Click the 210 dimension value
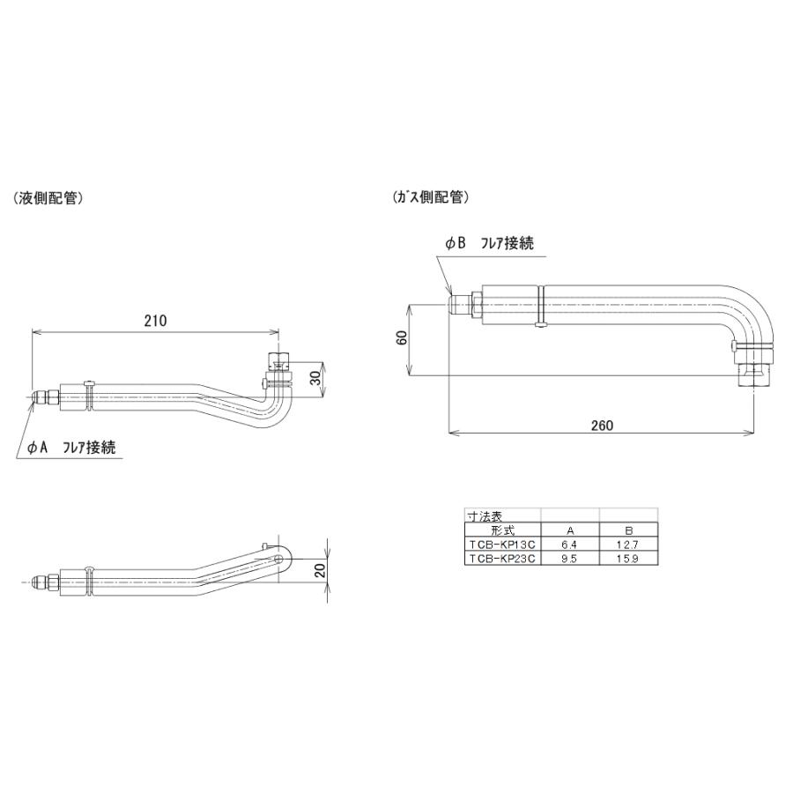155,321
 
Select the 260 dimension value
602,426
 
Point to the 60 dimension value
403,337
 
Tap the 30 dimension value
316,378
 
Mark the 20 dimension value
320,571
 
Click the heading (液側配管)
48,198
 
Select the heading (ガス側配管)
430,196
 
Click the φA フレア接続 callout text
71,448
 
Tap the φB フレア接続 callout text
489,243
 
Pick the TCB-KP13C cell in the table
502,545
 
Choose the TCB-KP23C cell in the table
502,559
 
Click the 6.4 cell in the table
569,545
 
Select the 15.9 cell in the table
628,559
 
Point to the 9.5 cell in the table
569,559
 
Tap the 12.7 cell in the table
628,545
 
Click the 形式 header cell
502,530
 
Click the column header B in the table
628,530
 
